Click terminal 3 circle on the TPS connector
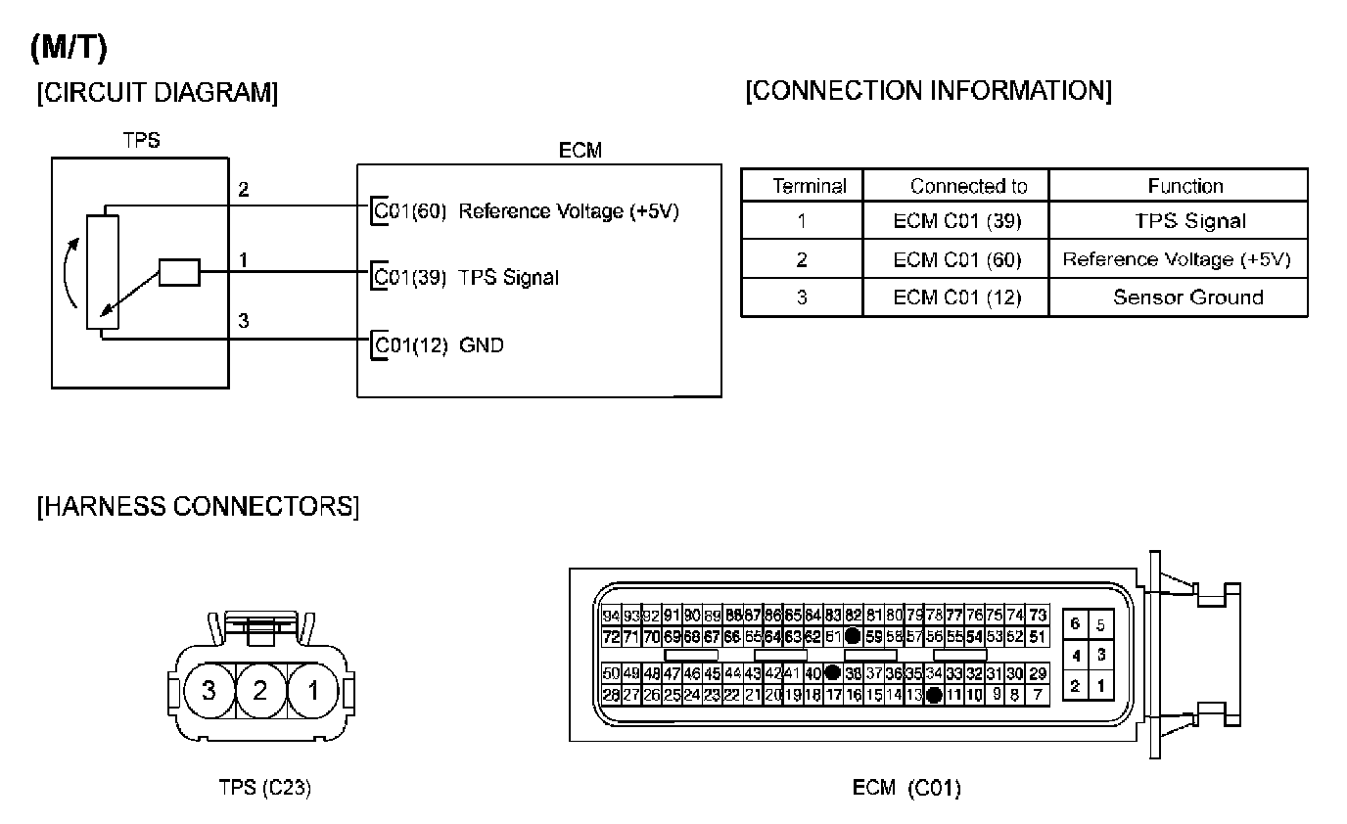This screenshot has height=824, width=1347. click(208, 691)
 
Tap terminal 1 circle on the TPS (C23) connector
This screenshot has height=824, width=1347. click(312, 691)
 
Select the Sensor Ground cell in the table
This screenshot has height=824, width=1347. click(1187, 298)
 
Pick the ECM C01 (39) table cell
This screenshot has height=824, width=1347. click(956, 221)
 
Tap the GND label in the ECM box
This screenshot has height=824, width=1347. click(481, 344)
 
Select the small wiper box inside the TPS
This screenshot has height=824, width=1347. click(179, 273)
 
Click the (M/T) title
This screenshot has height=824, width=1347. click(69, 46)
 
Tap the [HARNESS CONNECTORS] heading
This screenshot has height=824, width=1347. click(198, 507)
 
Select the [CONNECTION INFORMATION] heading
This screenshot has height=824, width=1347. click(928, 91)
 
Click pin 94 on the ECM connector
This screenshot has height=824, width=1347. click(611, 617)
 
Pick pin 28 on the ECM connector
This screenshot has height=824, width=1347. click(611, 695)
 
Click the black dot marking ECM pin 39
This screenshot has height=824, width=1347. click(833, 673)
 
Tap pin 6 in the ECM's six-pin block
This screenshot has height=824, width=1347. click(1075, 624)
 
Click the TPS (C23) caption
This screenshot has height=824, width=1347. click(264, 788)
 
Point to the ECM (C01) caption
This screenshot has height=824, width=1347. click(906, 788)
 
